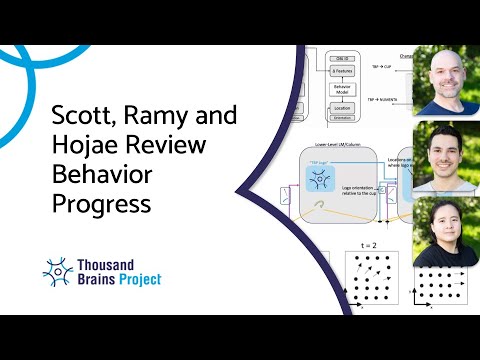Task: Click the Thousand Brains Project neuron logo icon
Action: (58, 271)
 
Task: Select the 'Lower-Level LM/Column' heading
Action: (331, 145)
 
